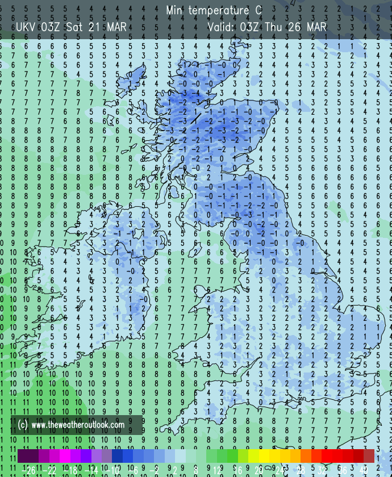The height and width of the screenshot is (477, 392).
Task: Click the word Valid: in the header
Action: click(x=220, y=27)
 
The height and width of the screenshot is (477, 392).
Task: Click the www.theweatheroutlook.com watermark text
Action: click(x=78, y=424)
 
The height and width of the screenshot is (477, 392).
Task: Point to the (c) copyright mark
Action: click(x=23, y=424)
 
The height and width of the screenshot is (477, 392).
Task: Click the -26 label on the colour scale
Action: click(x=27, y=469)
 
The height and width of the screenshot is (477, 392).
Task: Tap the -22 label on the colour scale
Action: click(x=48, y=469)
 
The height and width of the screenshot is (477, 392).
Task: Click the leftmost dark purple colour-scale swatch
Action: click(x=23, y=456)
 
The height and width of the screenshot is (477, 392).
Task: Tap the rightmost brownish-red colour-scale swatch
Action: click(x=369, y=456)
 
